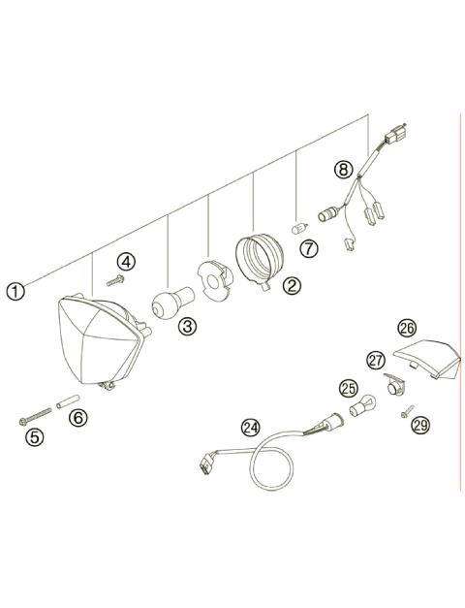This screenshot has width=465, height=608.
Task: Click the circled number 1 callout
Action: click(x=14, y=289)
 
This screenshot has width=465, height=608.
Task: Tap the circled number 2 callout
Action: click(x=291, y=286)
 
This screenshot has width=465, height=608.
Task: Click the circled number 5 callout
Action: click(x=35, y=436)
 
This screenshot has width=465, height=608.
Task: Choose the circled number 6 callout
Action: click(x=79, y=418)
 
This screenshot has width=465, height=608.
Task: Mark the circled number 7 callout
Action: click(x=308, y=249)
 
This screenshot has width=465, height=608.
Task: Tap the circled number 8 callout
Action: click(x=341, y=169)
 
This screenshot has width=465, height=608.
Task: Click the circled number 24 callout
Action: click(x=251, y=427)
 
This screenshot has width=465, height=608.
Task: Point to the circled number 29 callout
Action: click(x=418, y=426)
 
